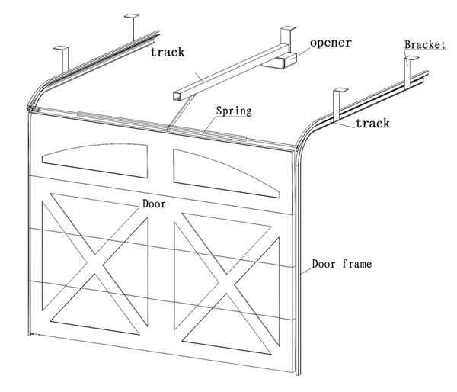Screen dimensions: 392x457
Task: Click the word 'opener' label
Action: tap(331, 42)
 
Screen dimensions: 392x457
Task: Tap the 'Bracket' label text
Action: tap(425, 46)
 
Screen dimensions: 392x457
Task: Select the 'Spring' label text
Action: tap(232, 111)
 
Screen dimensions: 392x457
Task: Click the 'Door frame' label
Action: tap(341, 265)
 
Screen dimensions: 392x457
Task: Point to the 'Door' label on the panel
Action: tap(154, 204)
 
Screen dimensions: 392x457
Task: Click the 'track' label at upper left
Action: tap(168, 53)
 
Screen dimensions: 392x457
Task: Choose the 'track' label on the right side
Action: tap(372, 123)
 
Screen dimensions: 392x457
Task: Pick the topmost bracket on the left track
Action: tap(133, 24)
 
